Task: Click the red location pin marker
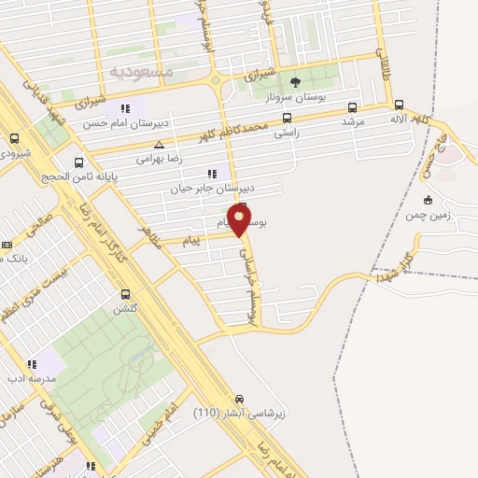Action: pyautogui.click(x=239, y=220)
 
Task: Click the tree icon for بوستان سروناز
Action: pyautogui.click(x=295, y=83)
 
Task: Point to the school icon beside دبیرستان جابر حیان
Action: pyautogui.click(x=213, y=173)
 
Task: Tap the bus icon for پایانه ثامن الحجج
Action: pyautogui.click(x=78, y=162)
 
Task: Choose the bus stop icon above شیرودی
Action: pyautogui.click(x=14, y=139)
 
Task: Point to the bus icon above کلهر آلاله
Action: pyautogui.click(x=400, y=105)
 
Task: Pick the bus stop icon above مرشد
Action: pyautogui.click(x=352, y=107)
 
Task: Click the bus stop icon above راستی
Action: pyautogui.click(x=286, y=119)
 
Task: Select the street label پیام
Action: pyautogui.click(x=191, y=242)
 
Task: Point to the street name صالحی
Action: pyautogui.click(x=41, y=224)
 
